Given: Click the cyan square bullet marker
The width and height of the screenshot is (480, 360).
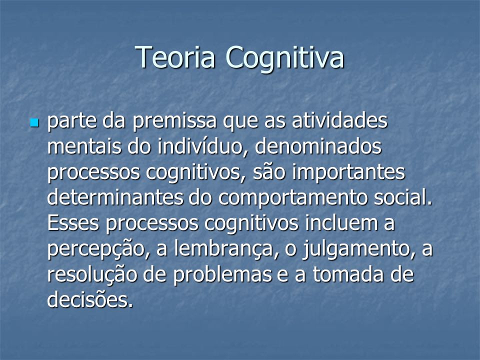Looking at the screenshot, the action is [34, 123].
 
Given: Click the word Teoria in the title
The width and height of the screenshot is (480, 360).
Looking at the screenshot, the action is [175, 57].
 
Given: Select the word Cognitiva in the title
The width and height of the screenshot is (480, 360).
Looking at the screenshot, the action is [285, 58].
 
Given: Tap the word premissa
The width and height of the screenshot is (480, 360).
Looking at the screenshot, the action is [174, 121].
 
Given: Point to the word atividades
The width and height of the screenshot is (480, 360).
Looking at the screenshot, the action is [339, 120].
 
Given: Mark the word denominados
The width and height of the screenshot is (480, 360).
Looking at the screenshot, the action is [318, 146].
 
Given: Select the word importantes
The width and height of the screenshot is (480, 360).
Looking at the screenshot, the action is [348, 172].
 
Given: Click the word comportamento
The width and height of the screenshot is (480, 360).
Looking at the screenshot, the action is [292, 198].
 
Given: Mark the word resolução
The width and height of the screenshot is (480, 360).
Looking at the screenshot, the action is [92, 275].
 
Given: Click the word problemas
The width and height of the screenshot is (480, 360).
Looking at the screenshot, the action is [222, 275].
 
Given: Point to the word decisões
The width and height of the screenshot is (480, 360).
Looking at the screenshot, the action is [90, 299].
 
